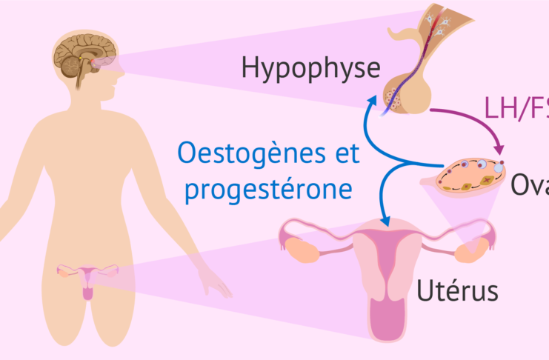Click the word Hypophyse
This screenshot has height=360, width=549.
click(x=310, y=70)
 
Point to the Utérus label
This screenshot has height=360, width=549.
click(x=457, y=287)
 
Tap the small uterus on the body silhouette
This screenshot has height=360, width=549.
click(x=87, y=279)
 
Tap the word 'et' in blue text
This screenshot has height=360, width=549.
click(x=345, y=156)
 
